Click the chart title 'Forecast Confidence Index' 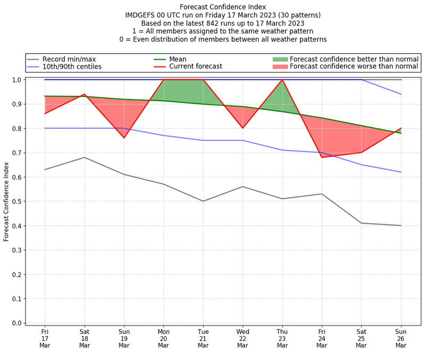pos(223,7)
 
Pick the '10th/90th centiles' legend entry pos(71,67)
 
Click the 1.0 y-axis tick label pos(17,80)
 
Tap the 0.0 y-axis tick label pos(17,323)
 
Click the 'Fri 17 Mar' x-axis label pos(45,338)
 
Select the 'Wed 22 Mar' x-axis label pos(243,338)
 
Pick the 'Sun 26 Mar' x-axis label pos(401,338)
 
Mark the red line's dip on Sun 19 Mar pos(124,138)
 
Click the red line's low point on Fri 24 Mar pos(322,157)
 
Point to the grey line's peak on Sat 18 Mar pos(84,157)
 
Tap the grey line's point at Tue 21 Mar pos(203,201)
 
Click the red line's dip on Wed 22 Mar pos(243,128)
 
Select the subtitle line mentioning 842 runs pos(223,23)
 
